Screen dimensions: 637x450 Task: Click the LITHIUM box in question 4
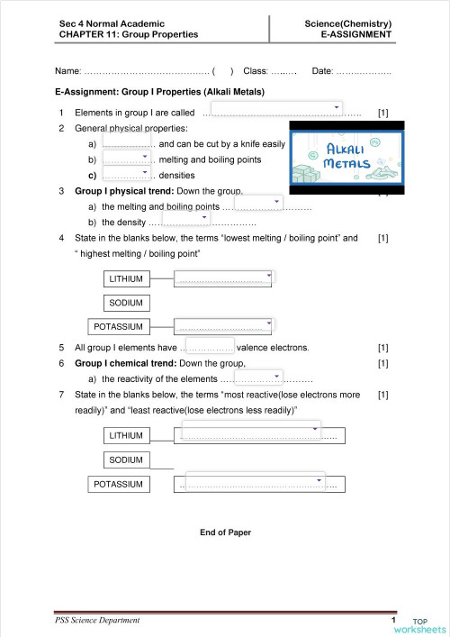pos(126,278)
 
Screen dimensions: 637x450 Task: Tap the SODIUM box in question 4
pos(126,303)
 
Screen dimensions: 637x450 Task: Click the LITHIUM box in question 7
pos(126,436)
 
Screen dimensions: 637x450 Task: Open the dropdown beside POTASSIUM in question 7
pos(256,485)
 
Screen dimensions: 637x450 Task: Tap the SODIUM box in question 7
pos(126,460)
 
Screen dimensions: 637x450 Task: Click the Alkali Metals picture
pos(346,157)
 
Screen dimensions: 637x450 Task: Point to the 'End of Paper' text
pos(225,532)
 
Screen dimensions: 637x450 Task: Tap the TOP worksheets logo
pos(427,624)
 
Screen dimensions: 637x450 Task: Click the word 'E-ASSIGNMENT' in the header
pos(359,35)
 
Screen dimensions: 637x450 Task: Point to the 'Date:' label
pos(321,70)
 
